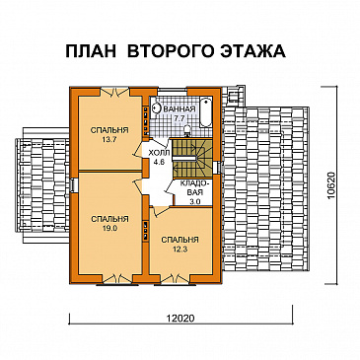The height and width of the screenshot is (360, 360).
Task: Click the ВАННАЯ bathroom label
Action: tap(180, 109)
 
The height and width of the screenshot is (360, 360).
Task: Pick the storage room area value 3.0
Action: tap(194, 200)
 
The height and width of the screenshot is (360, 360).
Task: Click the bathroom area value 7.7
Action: tap(179, 118)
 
